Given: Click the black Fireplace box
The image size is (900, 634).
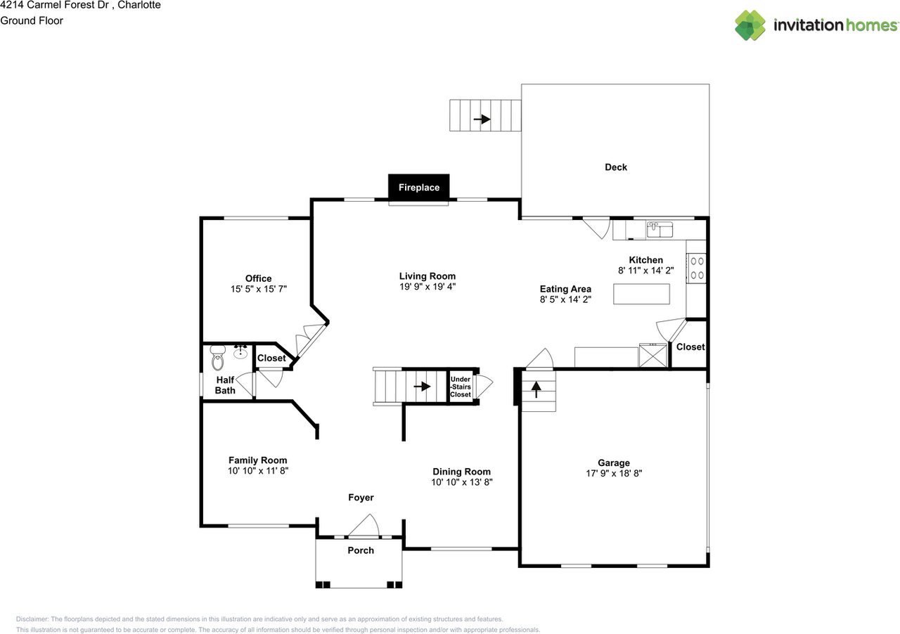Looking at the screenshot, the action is (x=418, y=187).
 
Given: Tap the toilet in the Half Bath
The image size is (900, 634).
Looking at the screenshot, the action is (x=217, y=357).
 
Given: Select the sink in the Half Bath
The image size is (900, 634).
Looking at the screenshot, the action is (x=240, y=351).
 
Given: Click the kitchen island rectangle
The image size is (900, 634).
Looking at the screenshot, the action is (x=641, y=294).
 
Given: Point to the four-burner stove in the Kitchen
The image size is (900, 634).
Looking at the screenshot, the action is (x=696, y=268).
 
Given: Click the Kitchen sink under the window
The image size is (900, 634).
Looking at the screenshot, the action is (x=660, y=229).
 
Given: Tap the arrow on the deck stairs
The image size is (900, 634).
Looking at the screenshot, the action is (x=482, y=119).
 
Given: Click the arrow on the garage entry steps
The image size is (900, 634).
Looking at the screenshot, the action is (x=536, y=389).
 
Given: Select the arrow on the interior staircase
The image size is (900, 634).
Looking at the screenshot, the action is (x=422, y=387).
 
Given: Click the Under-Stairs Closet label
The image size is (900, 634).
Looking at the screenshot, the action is (x=461, y=387).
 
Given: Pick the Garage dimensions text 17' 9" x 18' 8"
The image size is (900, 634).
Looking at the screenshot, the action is (x=614, y=473).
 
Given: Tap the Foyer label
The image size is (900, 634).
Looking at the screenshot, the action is (x=361, y=498).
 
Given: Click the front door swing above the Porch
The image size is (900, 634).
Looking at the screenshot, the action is (x=364, y=526).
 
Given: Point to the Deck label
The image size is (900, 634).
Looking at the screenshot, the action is (x=616, y=167).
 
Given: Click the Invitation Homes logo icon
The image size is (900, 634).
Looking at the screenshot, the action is (x=750, y=25).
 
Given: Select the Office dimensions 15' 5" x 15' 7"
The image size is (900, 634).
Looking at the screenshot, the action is (x=258, y=289).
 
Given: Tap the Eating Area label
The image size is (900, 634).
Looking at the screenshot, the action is (x=565, y=289).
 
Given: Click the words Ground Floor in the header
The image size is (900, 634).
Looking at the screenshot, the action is (x=32, y=20).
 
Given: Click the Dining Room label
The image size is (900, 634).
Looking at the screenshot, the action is (x=462, y=471).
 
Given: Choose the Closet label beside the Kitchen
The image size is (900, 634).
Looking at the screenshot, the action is (x=690, y=347).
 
